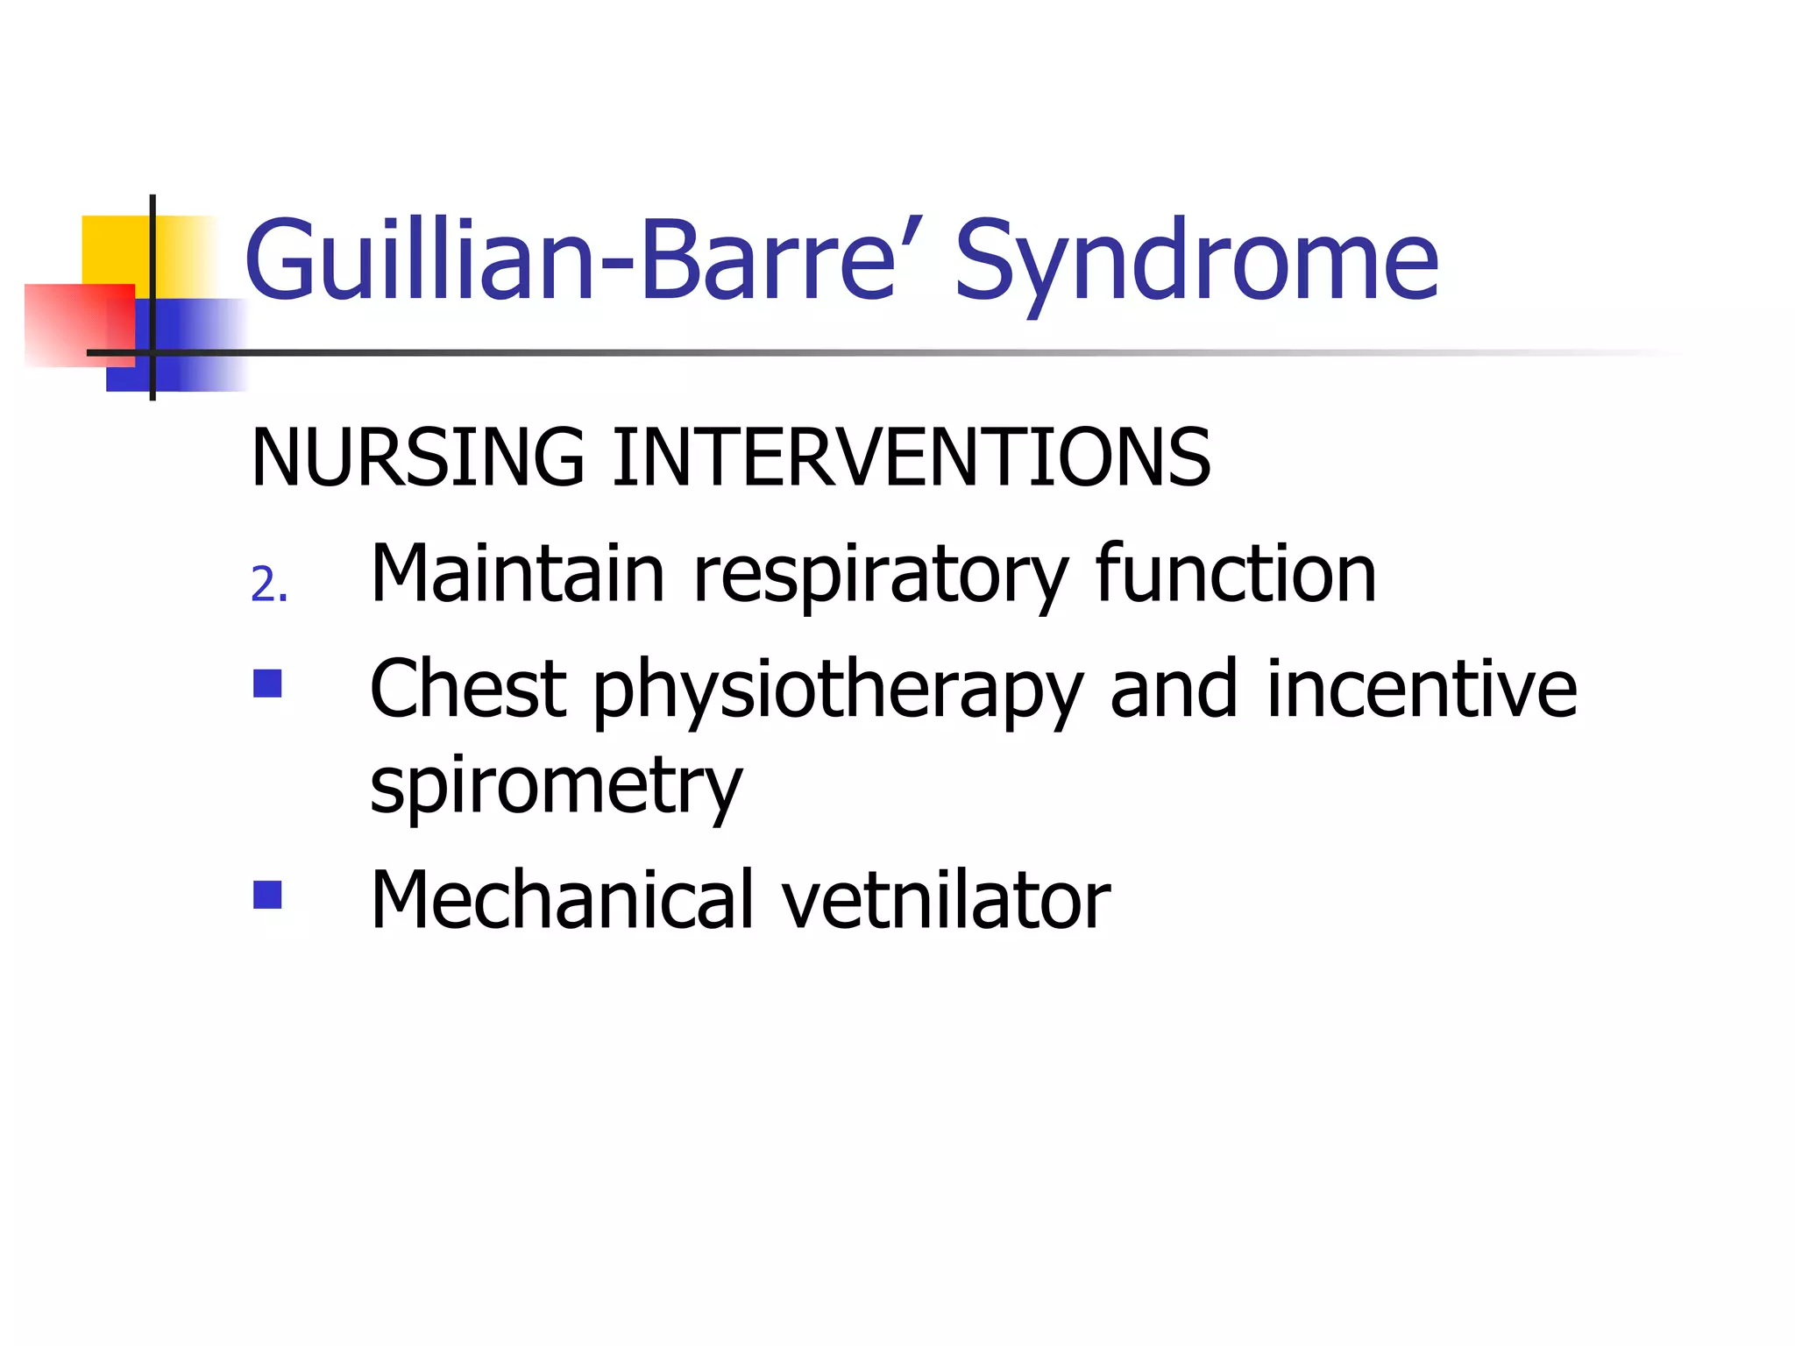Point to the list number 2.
268,585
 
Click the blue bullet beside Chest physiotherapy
267,684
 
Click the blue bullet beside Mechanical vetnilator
267,895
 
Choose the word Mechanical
562,900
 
